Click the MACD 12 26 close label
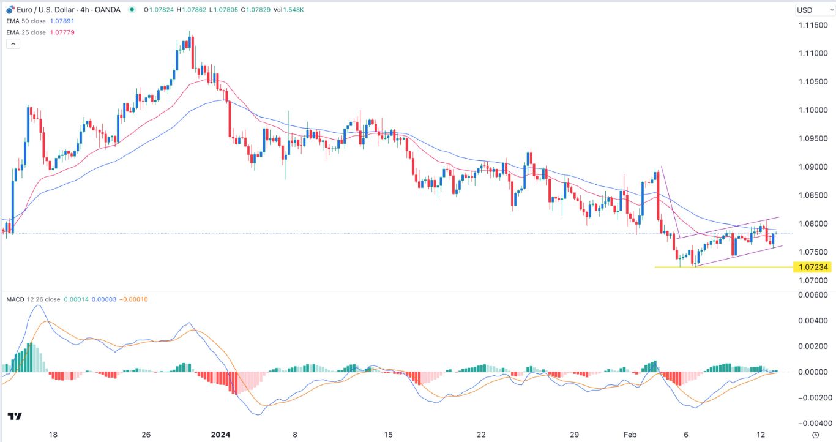(x=34, y=299)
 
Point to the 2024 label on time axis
(x=220, y=435)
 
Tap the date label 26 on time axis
(x=146, y=435)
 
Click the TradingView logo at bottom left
(x=15, y=416)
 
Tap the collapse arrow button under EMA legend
(x=13, y=43)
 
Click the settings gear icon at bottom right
(x=824, y=435)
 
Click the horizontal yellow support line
(x=722, y=267)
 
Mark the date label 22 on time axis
(x=482, y=435)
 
